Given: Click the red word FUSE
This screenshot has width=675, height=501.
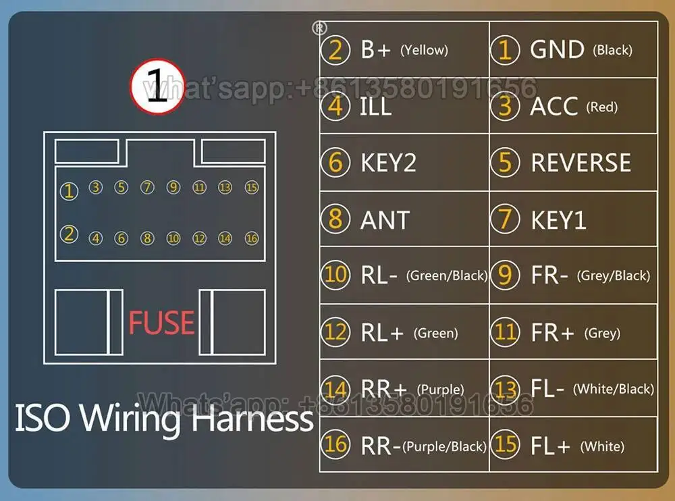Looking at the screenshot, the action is (161, 322).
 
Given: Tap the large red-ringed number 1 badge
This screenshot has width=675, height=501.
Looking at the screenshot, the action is (157, 86).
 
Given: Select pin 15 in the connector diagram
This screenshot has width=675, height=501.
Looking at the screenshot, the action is (251, 188).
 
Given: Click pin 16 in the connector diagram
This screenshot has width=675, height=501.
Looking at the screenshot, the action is (251, 238).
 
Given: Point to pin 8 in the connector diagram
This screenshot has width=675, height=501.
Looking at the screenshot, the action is (147, 238).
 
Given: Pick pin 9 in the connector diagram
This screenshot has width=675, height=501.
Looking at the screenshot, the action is (173, 188).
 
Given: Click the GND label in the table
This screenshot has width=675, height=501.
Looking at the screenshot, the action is (557, 49).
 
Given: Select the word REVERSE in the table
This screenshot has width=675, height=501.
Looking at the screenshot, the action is (580, 163).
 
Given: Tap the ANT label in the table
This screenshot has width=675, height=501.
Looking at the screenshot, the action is (385, 220).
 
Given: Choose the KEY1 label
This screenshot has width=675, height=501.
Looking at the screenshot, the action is (558, 220).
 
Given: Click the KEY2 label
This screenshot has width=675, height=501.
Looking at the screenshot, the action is (388, 163).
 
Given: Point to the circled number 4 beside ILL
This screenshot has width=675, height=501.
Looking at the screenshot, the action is (335, 107).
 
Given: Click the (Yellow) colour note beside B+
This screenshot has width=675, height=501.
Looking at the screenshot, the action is (424, 50).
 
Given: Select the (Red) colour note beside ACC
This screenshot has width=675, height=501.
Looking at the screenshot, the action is (602, 107).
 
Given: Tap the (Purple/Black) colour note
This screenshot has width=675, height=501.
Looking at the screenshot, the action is (444, 446).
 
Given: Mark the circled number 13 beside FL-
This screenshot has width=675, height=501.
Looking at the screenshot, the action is (505, 389).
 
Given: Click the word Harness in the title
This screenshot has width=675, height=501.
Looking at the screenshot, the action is (252, 419).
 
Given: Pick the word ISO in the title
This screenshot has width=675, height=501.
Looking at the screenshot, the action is (42, 418).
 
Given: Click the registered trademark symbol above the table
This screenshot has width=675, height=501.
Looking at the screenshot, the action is (319, 28).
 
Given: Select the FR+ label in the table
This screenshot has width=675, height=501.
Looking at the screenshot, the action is (552, 333).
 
